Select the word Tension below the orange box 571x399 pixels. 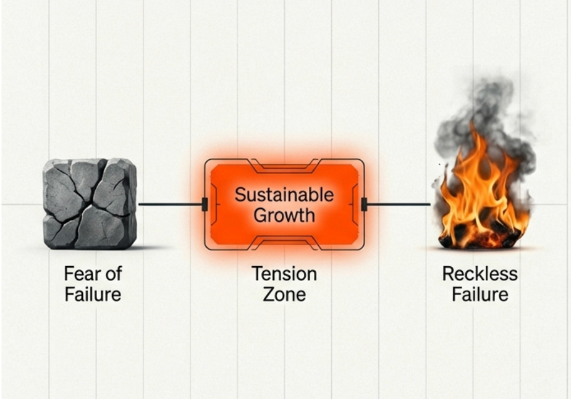point(284,274)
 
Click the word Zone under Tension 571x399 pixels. point(284,293)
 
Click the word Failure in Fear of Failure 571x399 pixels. point(93,293)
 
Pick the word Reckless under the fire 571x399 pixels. point(480,274)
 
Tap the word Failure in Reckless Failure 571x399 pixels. point(480,293)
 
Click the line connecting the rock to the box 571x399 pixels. point(170,204)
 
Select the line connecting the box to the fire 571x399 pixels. point(399,204)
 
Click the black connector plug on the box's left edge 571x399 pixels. point(205,204)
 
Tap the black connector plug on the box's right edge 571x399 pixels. point(365,204)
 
